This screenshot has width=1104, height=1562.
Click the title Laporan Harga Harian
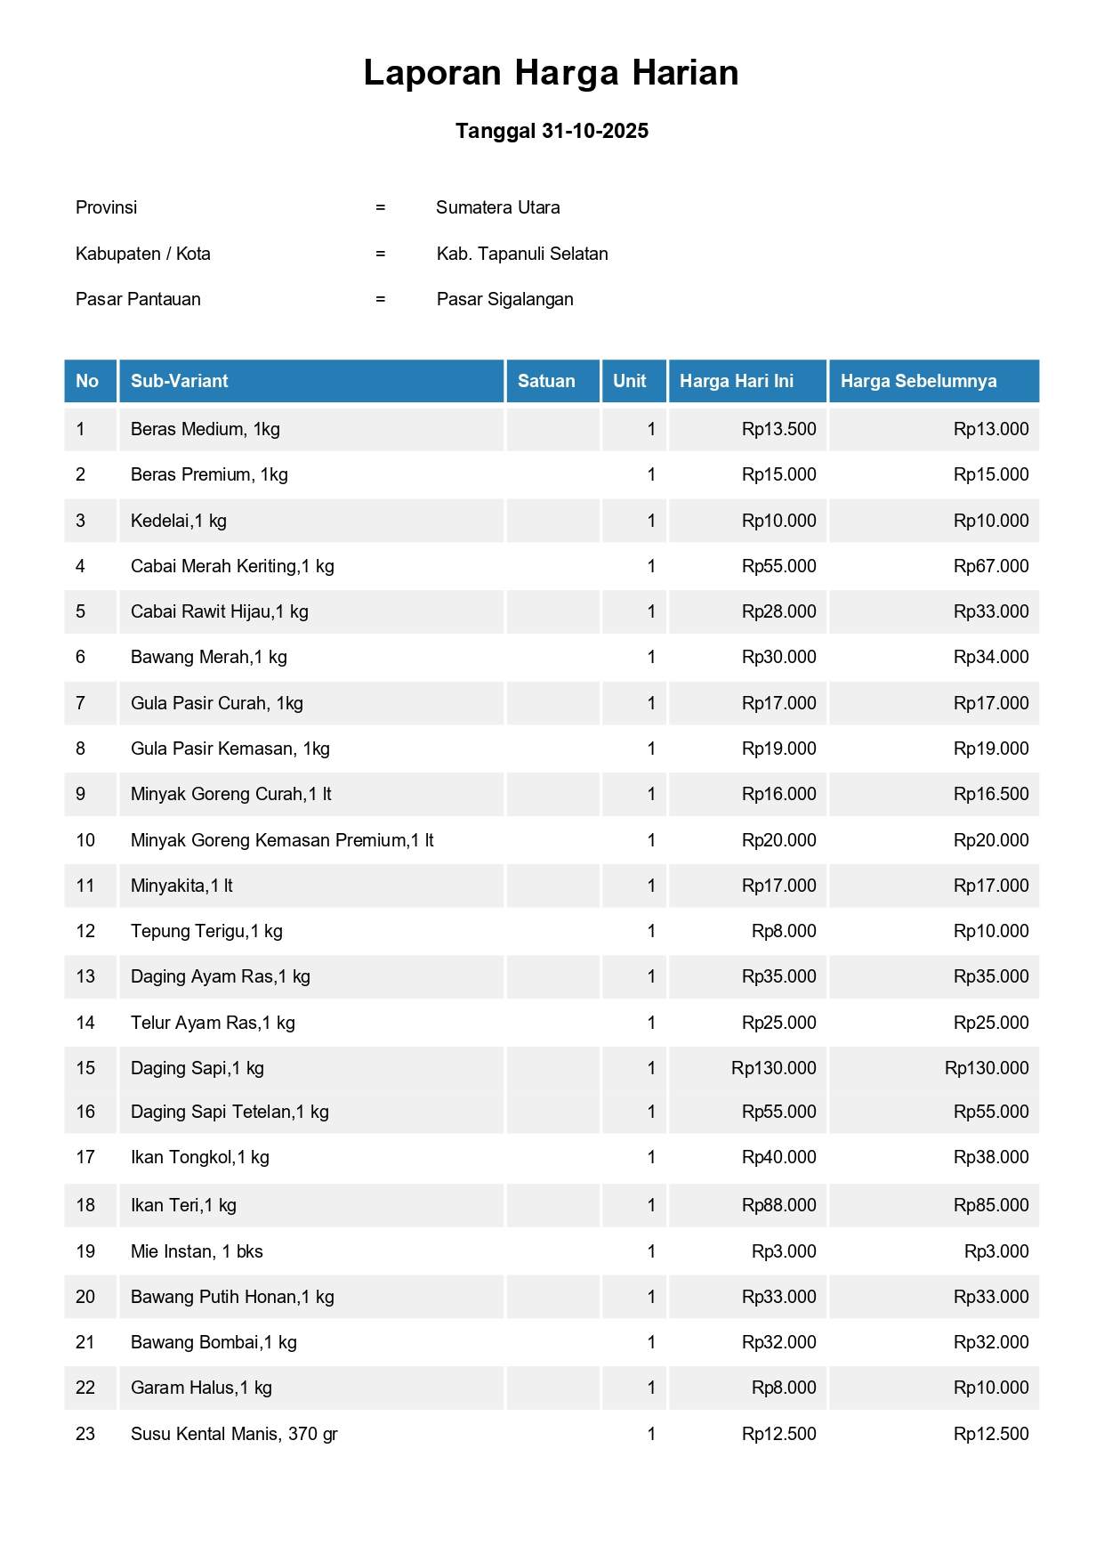point(551,73)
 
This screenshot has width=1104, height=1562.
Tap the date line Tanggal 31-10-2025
point(552,131)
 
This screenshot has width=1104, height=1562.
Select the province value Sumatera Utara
point(497,207)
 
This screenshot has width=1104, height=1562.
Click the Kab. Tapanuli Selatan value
point(522,254)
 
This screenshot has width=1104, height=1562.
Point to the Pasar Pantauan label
point(138,299)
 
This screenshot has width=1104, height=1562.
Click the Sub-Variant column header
point(180,381)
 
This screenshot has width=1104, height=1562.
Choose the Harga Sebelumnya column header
point(918,381)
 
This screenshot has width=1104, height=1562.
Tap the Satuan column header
point(546,381)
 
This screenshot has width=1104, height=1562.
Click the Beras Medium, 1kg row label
point(205,429)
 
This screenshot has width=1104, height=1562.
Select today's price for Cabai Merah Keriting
point(778,566)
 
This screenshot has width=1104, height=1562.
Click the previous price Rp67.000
point(990,566)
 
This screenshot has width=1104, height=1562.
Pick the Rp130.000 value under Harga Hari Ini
point(773,1068)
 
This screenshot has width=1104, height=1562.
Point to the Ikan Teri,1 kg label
point(183,1205)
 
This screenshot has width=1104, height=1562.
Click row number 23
point(85,1434)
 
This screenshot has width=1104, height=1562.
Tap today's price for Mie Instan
point(784,1251)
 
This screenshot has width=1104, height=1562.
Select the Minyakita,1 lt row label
point(181,886)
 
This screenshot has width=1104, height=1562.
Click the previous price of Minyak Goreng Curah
point(990,794)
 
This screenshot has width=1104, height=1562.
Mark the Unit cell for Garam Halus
point(651,1388)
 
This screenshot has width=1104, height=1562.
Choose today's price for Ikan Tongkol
point(778,1157)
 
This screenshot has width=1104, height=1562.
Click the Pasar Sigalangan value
point(504,299)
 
